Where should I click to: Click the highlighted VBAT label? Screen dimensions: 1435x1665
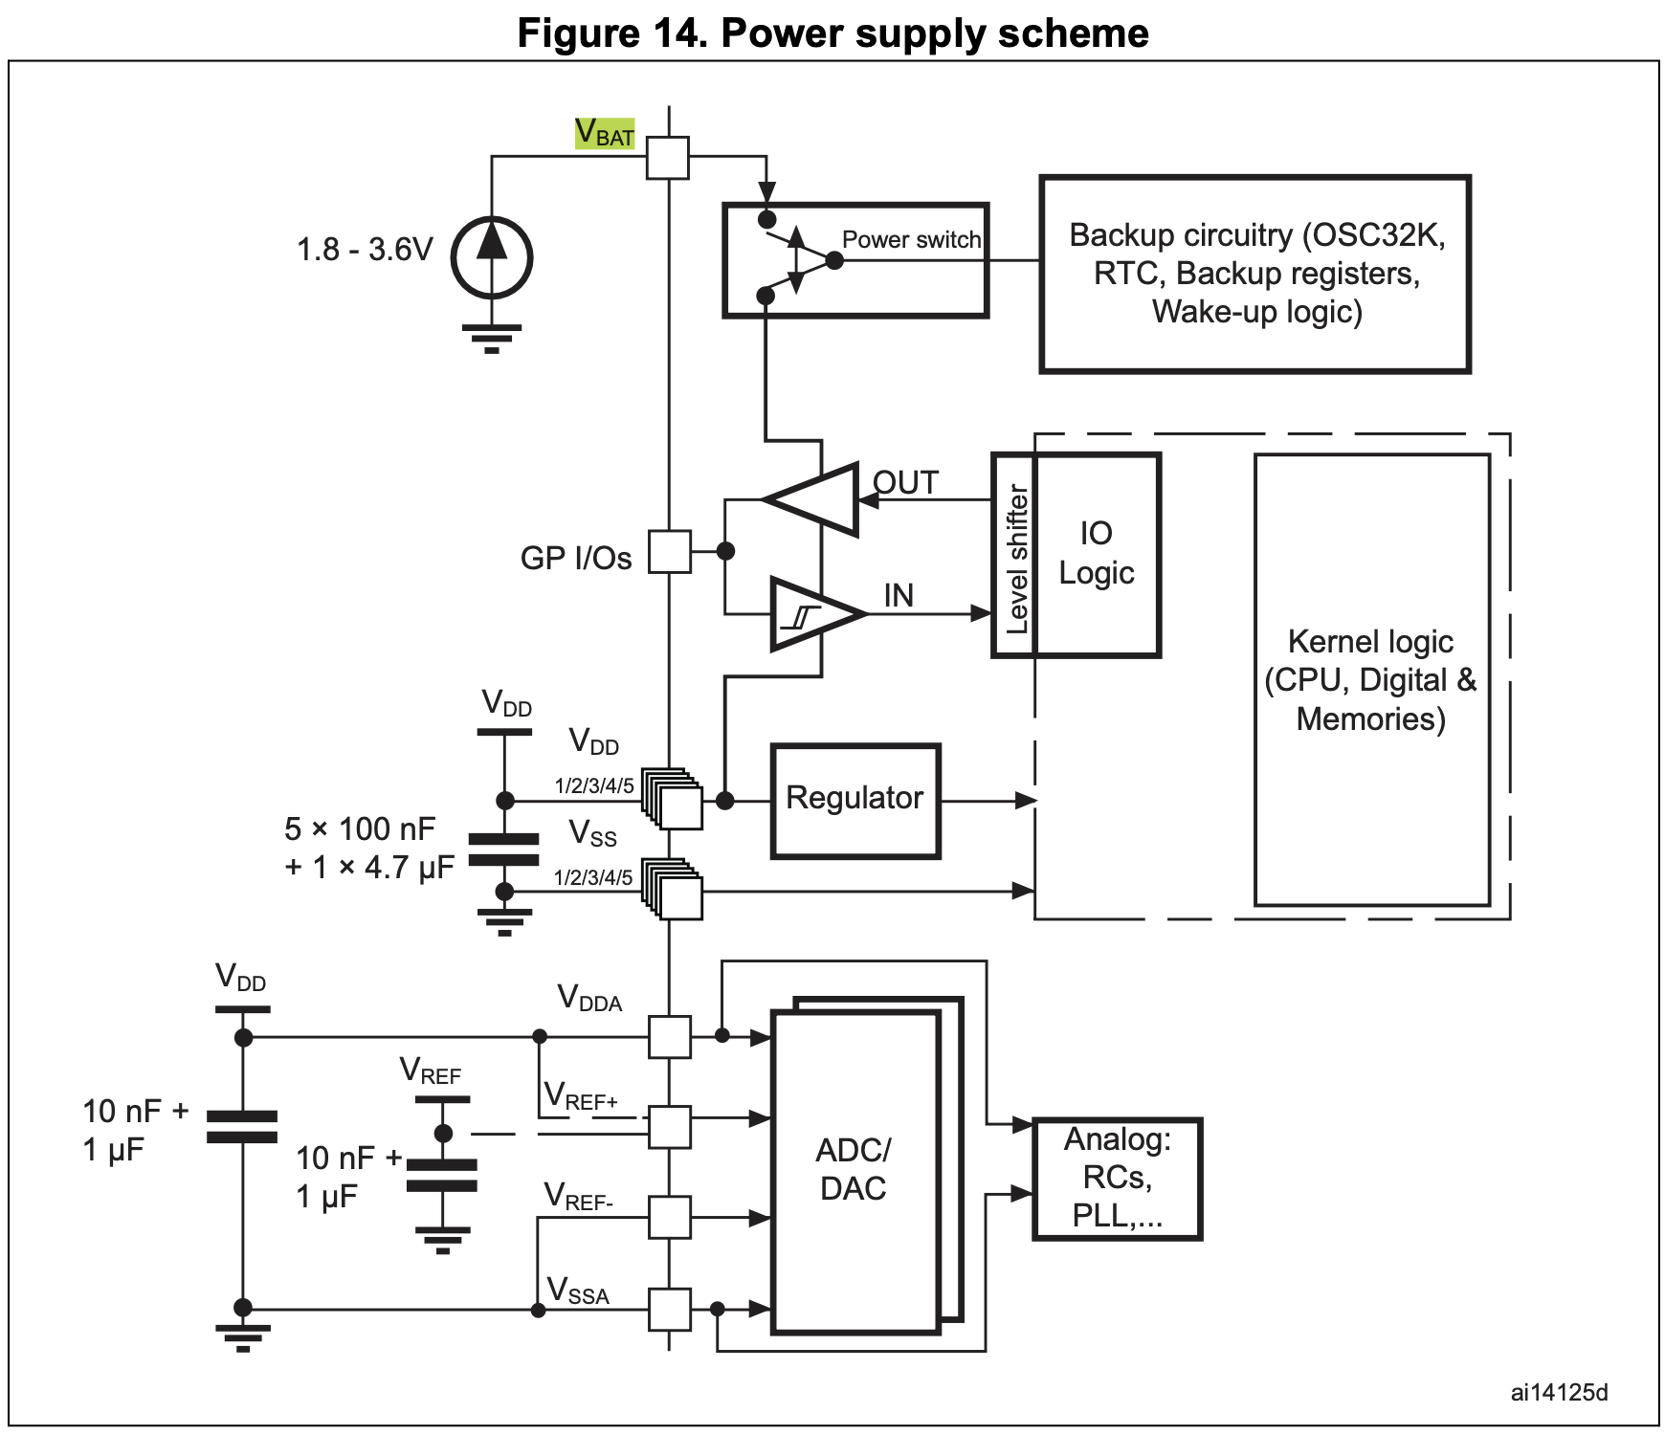tap(605, 133)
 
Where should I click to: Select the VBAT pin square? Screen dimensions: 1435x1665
tap(668, 158)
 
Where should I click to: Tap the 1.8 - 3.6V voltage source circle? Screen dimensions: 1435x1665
tap(492, 257)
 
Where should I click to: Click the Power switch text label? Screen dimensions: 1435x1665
tap(911, 239)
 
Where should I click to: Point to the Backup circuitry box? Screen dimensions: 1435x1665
tap(1255, 274)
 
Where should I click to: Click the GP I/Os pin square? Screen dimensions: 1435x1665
tap(670, 552)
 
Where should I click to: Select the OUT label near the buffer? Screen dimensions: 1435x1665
tap(905, 483)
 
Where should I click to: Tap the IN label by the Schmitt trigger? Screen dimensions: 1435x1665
tap(899, 596)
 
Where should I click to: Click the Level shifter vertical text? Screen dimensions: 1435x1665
tap(1016, 559)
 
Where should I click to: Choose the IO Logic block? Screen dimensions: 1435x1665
tap(1097, 554)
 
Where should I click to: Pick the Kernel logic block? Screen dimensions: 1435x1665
tap(1371, 679)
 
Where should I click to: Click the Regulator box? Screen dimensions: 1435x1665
tap(855, 800)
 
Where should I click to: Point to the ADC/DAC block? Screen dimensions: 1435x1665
tap(855, 1169)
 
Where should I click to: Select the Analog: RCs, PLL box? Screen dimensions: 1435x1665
tap(1118, 1178)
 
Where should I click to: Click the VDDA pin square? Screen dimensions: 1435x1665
tap(670, 1037)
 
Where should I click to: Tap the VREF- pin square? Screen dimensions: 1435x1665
tap(670, 1217)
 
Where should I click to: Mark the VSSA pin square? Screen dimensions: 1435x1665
tap(670, 1309)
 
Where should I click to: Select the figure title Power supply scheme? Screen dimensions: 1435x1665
tap(832, 33)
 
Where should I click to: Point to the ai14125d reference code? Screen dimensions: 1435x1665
tap(1559, 1392)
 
